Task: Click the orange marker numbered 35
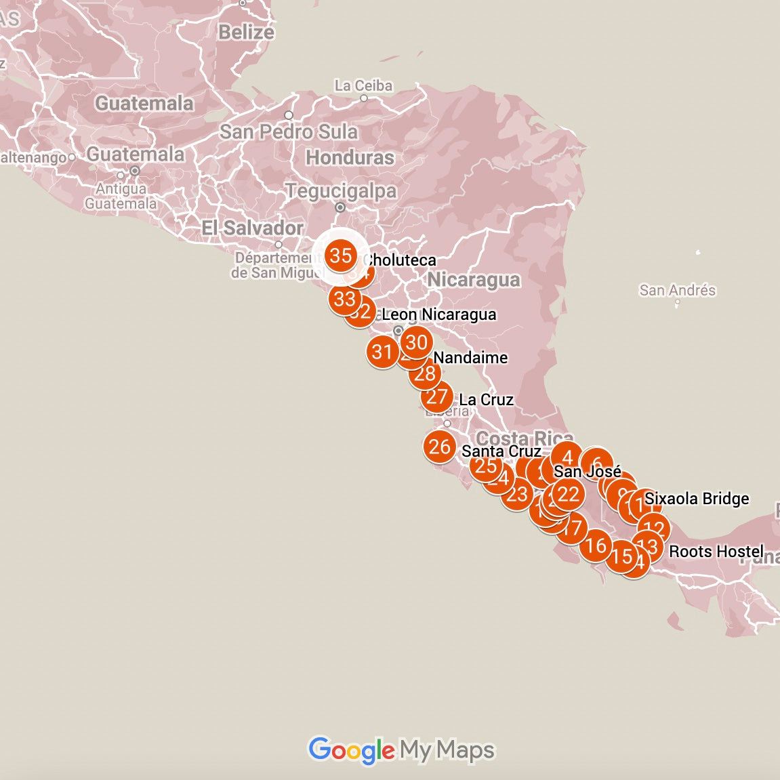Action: [x=340, y=255]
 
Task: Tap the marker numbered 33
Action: [x=344, y=298]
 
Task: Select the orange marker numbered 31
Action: [x=382, y=351]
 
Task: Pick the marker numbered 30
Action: [x=416, y=342]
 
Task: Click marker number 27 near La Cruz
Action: [x=437, y=396]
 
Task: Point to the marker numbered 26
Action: [x=440, y=447]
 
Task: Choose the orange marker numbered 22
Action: [x=568, y=495]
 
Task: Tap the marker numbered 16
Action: [x=596, y=545]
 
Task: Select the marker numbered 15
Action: [x=621, y=556]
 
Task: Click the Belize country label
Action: [x=246, y=32]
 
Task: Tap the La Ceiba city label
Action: [x=363, y=86]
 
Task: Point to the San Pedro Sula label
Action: [x=289, y=131]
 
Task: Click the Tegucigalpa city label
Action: [x=341, y=191]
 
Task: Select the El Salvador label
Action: [x=253, y=228]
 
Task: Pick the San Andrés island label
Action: [x=677, y=290]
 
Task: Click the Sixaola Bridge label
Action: [x=697, y=499]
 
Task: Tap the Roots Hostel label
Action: [x=716, y=551]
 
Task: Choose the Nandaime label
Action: [x=470, y=357]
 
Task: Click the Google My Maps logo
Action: [x=401, y=750]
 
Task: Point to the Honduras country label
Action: [x=350, y=157]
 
